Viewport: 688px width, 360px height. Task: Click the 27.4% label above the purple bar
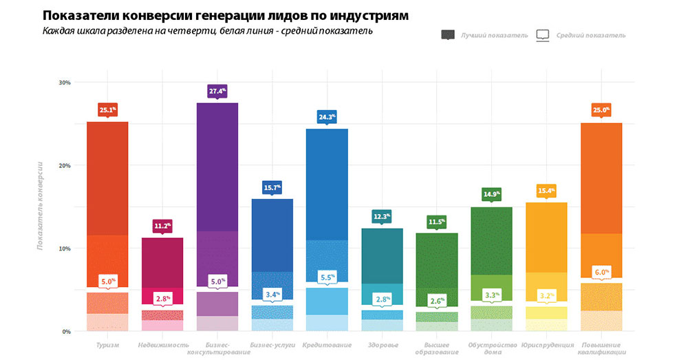coord(217,91)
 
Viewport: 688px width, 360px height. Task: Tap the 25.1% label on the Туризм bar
coord(107,109)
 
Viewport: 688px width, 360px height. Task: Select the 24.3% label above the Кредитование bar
coord(327,117)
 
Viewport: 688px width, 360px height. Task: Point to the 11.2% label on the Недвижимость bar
coord(162,226)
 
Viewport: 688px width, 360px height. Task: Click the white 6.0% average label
coord(602,272)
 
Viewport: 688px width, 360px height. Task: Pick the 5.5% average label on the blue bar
coord(327,277)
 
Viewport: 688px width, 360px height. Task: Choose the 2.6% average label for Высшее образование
coord(437,301)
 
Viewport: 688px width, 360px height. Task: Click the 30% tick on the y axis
coord(65,83)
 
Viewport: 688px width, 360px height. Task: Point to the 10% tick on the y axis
coord(65,248)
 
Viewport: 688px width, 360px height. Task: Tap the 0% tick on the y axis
coord(67,331)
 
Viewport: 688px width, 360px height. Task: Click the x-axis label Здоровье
coord(382,345)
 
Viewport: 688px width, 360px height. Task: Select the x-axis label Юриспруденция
coord(546,345)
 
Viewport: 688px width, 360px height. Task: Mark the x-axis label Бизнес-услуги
coord(272,345)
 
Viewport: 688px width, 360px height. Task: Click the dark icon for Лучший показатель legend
coord(449,35)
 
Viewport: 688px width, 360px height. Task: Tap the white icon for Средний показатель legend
coord(543,35)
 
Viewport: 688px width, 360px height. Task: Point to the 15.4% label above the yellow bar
coord(546,191)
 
